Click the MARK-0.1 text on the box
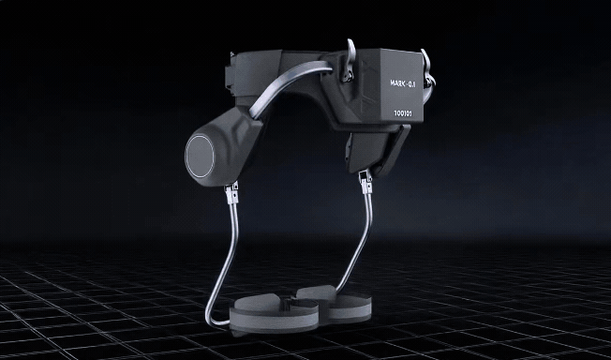(403, 83)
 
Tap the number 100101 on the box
(403, 113)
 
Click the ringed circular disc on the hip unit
(200, 156)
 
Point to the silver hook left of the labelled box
(350, 60)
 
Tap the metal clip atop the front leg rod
(231, 193)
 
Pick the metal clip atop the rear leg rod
(365, 182)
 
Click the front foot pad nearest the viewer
(274, 313)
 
